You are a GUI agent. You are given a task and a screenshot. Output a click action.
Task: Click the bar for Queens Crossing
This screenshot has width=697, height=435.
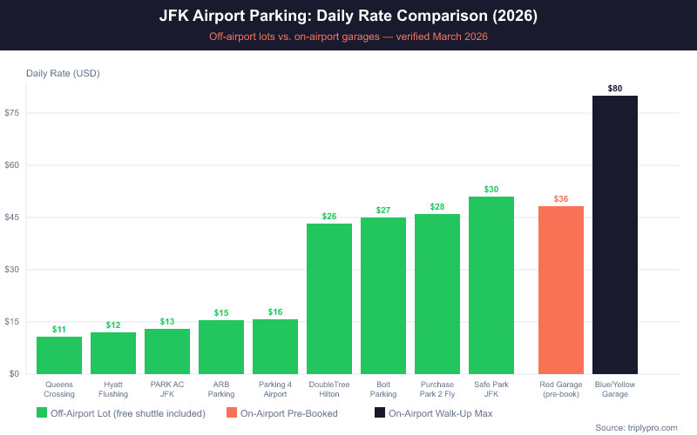click(x=59, y=355)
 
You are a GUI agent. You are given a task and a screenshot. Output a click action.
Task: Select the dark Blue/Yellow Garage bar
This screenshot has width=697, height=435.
click(x=615, y=235)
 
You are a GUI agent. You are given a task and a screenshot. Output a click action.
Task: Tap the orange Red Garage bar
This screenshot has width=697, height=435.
click(x=561, y=290)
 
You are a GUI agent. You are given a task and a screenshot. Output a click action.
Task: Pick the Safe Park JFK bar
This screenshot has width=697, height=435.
click(x=491, y=285)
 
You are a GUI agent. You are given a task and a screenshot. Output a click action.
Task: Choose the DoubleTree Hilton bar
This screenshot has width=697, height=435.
click(x=329, y=298)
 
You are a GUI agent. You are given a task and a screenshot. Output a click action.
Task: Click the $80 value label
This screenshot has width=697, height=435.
click(x=615, y=88)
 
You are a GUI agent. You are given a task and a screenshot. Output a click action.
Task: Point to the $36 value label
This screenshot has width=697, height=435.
click(x=561, y=199)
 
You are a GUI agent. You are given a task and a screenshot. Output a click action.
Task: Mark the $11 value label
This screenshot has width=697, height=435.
click(x=59, y=330)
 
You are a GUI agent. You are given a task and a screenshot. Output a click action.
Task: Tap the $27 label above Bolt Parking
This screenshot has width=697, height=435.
click(x=383, y=211)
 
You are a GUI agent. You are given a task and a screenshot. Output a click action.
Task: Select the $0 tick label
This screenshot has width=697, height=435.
click(x=15, y=374)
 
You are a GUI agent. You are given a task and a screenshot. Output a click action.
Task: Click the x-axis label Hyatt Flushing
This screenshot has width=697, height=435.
click(x=113, y=389)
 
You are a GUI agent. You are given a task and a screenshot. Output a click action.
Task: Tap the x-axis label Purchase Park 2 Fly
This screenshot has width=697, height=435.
click(x=437, y=389)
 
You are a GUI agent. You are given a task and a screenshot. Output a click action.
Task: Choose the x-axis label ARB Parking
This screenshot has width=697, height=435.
click(x=221, y=389)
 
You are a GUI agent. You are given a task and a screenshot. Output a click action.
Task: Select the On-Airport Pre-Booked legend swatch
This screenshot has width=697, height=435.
click(x=232, y=413)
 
